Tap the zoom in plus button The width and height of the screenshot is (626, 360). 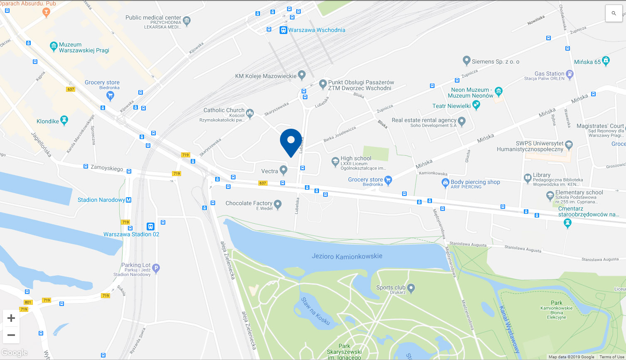click(11, 318)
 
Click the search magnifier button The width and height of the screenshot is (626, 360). click(614, 14)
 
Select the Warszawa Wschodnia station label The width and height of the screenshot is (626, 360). click(317, 30)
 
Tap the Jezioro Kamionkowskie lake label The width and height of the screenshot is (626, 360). click(347, 256)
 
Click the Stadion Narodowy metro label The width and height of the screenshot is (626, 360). click(101, 200)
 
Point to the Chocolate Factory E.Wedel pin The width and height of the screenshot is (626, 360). click(278, 203)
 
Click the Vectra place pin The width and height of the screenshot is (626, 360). click(283, 169)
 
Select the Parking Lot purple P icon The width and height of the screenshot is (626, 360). click(156, 268)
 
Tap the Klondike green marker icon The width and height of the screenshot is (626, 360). click(64, 120)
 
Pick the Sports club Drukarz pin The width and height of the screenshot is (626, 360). click(411, 287)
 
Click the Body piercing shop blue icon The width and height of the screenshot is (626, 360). click(445, 182)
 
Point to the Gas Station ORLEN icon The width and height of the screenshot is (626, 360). click(570, 74)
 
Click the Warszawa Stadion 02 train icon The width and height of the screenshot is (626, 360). click(150, 226)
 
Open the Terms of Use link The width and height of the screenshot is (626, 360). click(611, 357)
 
